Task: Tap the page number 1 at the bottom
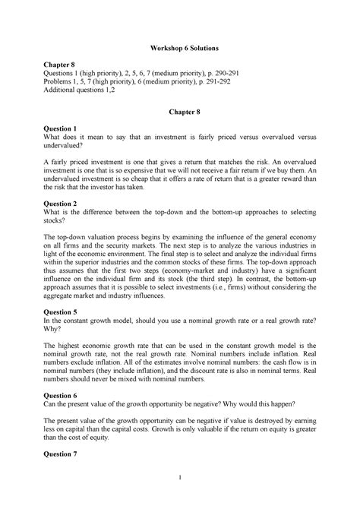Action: pyautogui.click(x=180, y=498)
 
